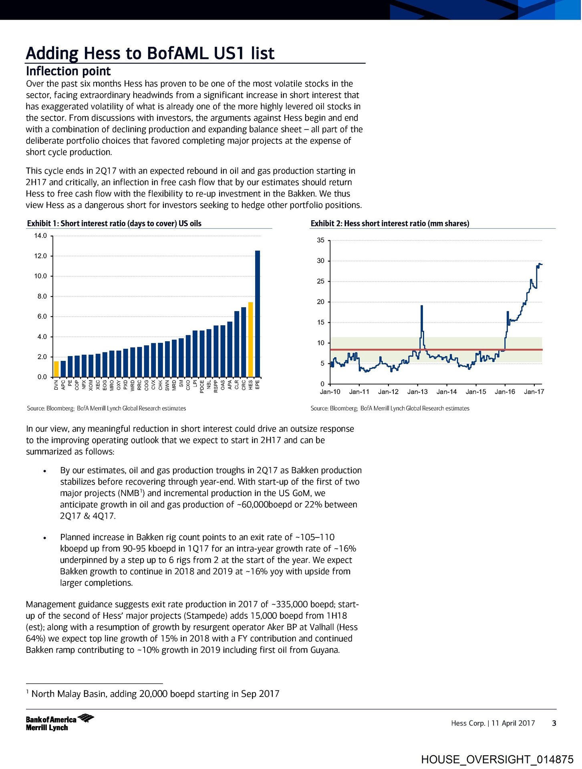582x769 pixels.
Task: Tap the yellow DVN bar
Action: (x=56, y=369)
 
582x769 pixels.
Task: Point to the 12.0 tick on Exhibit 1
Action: (x=40, y=256)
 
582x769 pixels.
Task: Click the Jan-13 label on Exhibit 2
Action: (x=417, y=392)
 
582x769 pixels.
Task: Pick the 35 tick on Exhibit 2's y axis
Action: (x=320, y=240)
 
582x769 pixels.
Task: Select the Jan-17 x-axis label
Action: (x=534, y=392)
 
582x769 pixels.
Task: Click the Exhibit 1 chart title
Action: (x=114, y=223)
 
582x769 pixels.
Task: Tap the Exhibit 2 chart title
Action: (x=390, y=223)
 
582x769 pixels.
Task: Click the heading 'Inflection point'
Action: (x=68, y=71)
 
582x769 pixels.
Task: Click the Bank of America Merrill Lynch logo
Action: (x=60, y=723)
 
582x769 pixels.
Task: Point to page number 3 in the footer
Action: (x=554, y=723)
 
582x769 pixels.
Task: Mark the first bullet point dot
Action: (x=45, y=471)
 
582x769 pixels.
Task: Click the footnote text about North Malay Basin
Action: (x=155, y=694)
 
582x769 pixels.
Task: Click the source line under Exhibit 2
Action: (x=390, y=408)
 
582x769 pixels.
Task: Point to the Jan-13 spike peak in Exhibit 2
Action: (x=422, y=306)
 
